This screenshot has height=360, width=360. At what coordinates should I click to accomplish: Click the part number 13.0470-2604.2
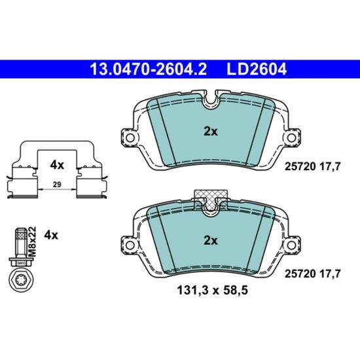(149, 69)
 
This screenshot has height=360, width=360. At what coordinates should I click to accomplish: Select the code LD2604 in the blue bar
(257, 69)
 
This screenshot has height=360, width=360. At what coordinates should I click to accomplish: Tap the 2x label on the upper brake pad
(211, 132)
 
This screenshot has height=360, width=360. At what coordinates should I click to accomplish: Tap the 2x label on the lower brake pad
(211, 241)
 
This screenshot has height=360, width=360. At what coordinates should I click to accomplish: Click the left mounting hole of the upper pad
(130, 137)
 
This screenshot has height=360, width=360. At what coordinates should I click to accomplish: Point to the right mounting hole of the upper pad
(291, 137)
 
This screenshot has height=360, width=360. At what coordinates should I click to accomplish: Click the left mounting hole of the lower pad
(130, 245)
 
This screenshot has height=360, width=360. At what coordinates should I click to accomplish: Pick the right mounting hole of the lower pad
(291, 245)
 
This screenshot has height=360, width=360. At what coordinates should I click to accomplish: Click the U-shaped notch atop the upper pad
(211, 103)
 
